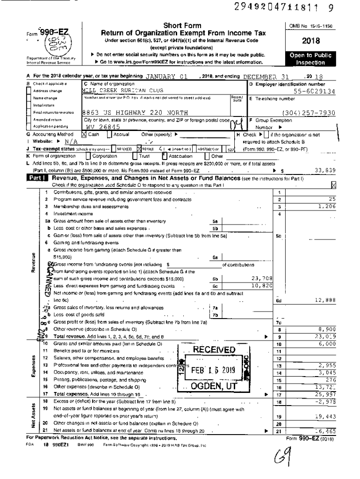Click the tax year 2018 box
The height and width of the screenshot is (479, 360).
pos(313,41)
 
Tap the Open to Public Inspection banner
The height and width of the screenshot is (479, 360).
pos(313,58)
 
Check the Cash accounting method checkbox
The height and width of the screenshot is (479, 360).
pos(85,134)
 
